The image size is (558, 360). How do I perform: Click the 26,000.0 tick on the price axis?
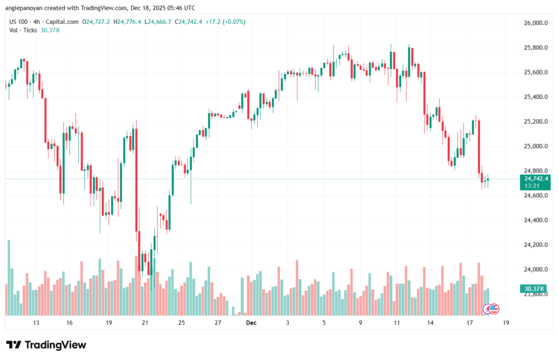click(535, 23)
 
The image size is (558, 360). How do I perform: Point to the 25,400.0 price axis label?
click(535, 97)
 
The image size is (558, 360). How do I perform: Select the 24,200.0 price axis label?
click(535, 245)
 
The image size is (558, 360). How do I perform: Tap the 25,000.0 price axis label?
click(535, 146)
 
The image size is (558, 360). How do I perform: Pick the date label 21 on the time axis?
click(145, 322)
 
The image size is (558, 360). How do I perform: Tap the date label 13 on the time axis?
click(36, 322)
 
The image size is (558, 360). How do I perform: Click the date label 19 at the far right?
click(506, 322)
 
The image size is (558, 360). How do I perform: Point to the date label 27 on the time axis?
click(217, 322)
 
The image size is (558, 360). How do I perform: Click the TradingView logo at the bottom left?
click(46, 345)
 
